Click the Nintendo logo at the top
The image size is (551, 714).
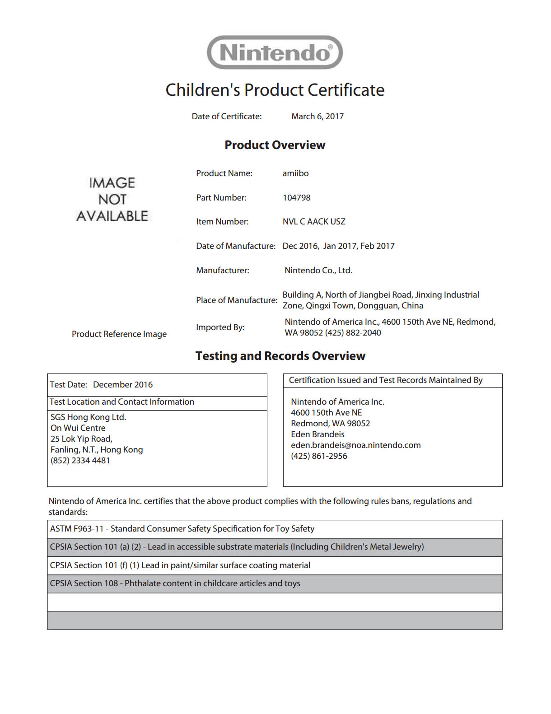pos(275,52)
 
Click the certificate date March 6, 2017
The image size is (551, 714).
pos(317,117)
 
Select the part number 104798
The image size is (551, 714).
pos(296,198)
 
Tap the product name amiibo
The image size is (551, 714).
pos(295,173)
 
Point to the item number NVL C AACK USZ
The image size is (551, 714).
pos(314,222)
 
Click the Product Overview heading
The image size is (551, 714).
pos(275,145)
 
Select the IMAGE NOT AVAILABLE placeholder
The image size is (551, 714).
pos(112,200)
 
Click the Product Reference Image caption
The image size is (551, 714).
pos(119,334)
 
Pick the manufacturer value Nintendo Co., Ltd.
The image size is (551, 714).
pos(318,271)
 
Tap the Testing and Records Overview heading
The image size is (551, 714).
pos(280,356)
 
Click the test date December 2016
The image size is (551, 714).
pos(123,385)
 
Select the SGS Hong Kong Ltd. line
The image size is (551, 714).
pos(88,417)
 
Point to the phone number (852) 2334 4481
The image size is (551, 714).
pos(80,461)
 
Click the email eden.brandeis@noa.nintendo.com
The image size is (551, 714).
pos(355,445)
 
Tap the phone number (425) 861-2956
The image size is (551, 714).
pos(319,456)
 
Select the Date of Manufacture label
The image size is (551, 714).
pos(235,246)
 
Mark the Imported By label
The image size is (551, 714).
pos(220,327)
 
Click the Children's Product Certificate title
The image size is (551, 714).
pos(275,90)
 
